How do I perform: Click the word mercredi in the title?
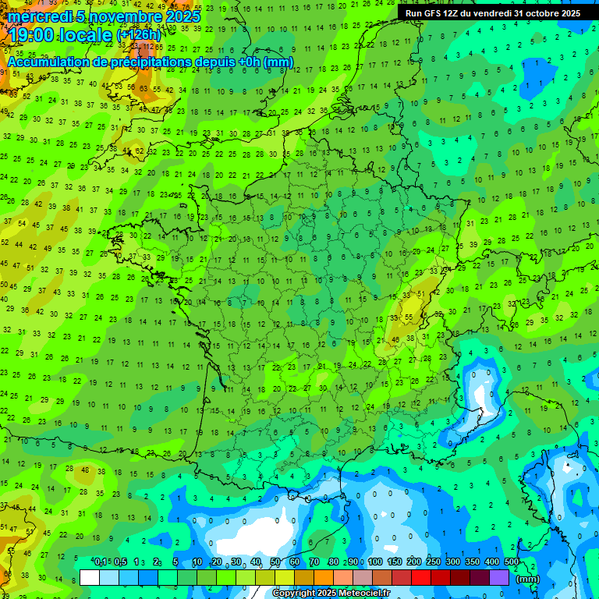(x=37, y=16)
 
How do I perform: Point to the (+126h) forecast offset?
(x=138, y=35)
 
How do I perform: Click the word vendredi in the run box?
(x=489, y=13)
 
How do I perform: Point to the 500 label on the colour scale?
(x=512, y=562)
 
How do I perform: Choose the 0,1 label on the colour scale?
(x=101, y=562)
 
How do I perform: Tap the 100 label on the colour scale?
(x=375, y=562)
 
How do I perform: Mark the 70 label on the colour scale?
(x=314, y=562)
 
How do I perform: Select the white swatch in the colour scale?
(x=90, y=577)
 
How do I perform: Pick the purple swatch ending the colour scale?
(x=499, y=577)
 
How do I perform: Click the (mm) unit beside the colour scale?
(x=528, y=579)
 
